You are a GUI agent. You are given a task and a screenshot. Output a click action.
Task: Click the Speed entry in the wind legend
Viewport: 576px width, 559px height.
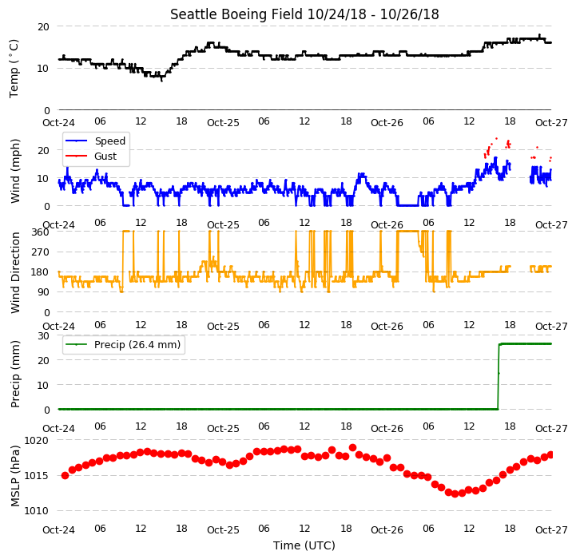pos(109,141)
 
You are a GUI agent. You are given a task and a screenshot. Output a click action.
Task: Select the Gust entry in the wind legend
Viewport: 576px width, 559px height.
pos(105,156)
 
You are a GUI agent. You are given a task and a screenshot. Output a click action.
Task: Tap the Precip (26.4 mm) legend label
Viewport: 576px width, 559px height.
pos(137,344)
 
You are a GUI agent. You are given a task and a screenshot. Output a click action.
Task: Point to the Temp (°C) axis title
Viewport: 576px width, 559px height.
pos(14,69)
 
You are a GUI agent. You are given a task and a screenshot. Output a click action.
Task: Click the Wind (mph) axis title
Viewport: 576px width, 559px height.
pos(14,171)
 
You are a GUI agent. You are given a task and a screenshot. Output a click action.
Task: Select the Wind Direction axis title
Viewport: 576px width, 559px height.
pos(14,272)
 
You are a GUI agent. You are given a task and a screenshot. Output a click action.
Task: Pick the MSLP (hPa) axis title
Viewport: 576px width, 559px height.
pos(14,476)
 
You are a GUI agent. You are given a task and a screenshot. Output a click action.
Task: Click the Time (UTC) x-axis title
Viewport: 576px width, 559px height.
pos(304,545)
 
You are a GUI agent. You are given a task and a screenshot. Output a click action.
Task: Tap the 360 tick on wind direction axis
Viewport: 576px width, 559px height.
pos(41,232)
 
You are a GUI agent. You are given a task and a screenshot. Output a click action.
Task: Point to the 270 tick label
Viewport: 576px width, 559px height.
pos(41,252)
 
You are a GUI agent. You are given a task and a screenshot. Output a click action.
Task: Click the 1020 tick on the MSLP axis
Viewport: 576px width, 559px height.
pos(36,440)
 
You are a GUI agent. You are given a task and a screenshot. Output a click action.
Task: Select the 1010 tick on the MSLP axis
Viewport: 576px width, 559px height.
pos(36,511)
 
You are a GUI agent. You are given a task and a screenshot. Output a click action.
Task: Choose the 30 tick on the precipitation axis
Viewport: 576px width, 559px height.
pos(43,336)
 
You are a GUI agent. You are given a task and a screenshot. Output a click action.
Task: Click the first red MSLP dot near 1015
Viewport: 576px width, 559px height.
pos(65,476)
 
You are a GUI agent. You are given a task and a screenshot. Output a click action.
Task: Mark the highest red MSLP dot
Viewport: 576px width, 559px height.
pos(352,448)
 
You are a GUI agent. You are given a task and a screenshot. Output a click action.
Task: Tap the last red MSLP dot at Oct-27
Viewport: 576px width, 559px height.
pos(550,455)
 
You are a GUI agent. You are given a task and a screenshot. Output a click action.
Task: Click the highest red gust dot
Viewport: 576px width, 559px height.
pos(497,138)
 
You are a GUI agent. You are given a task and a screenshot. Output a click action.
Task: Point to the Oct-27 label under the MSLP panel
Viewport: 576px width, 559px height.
pos(551,530)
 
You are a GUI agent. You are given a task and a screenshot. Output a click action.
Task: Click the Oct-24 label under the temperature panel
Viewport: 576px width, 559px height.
pos(59,123)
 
